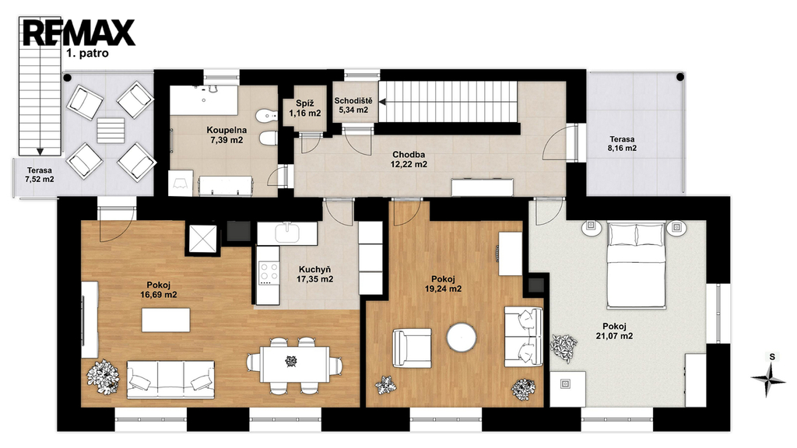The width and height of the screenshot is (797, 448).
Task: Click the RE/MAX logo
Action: coord(79,33)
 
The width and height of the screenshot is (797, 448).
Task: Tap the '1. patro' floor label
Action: coord(87,54)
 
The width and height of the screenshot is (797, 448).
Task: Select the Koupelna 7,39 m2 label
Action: coord(226,135)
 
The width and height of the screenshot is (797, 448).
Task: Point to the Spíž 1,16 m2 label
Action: coord(305,108)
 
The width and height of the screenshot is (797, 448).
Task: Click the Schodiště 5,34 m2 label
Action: coord(353,105)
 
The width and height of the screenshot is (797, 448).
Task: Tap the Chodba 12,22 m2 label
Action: coord(409,159)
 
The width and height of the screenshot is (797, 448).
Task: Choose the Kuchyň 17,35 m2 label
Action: coord(315,275)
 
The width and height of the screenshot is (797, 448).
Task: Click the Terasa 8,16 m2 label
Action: coord(622,144)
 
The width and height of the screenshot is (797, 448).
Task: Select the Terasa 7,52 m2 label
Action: coord(40,175)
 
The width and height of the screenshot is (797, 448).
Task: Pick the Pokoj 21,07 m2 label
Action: coord(615,331)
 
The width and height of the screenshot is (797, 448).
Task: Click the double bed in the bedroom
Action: coord(637,264)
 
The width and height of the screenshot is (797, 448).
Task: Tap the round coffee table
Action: coord(462,338)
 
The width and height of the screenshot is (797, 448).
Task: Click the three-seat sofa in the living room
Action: coord(170,380)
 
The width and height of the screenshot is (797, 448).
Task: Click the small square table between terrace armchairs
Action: coord(111,131)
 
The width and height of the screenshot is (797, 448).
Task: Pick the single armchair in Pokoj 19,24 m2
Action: coord(412,348)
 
